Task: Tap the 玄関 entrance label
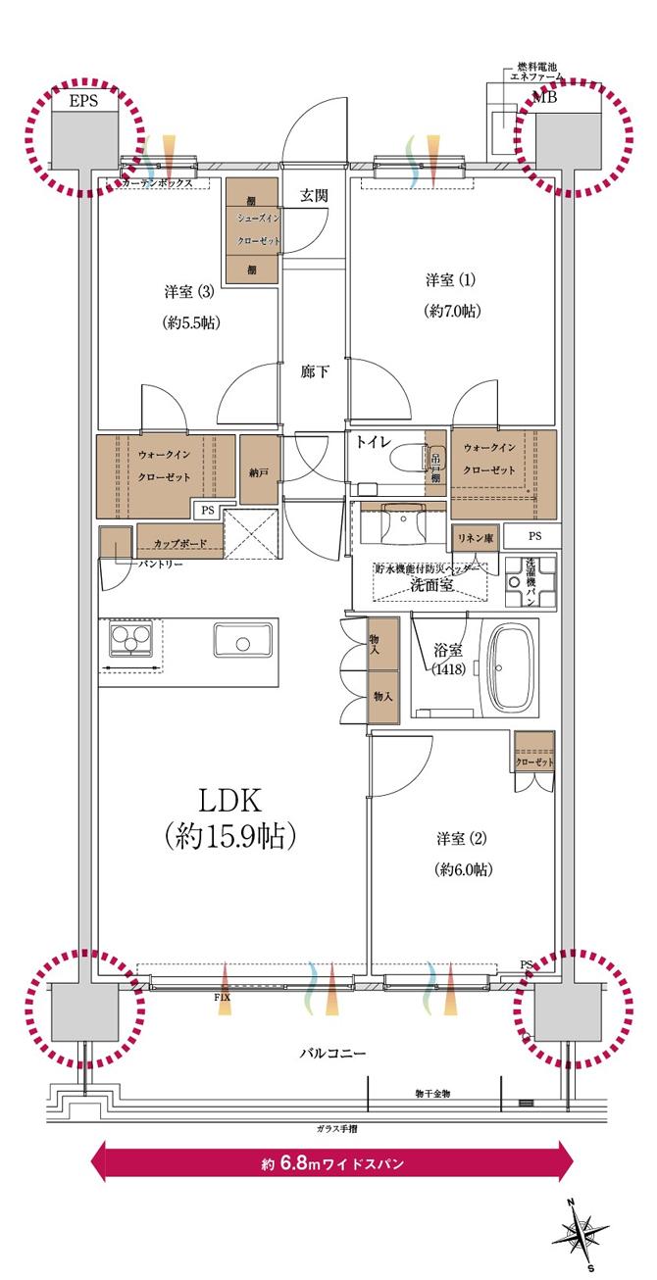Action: point(314,195)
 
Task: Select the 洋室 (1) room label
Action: point(450,281)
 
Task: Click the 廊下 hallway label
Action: point(314,371)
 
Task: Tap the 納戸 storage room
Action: point(259,471)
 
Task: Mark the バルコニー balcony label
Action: point(332,1054)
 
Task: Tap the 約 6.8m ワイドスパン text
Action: point(332,1163)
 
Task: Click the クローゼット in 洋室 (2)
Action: point(534,762)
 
